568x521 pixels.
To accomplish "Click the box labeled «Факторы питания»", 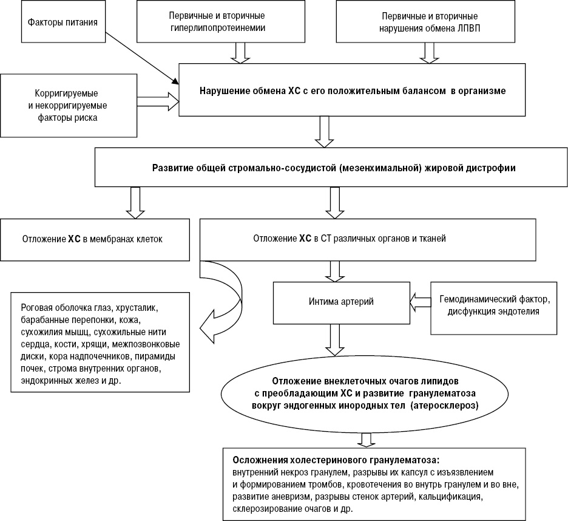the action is coord(63,22).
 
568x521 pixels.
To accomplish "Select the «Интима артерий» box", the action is coord(342,303).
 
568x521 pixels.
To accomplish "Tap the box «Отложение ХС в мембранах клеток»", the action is coord(95,240).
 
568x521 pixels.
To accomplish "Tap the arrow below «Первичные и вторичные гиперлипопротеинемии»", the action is coord(240,53).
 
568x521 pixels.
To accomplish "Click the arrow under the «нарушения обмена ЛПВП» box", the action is coord(429,53).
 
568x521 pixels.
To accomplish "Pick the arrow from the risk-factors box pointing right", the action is coord(158,101).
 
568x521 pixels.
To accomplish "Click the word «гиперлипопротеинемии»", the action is coord(218,28).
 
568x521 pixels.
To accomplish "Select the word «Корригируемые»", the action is coord(66,94).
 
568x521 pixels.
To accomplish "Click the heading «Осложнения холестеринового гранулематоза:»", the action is coord(336,460).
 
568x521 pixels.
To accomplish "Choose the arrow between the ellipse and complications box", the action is coord(367,440).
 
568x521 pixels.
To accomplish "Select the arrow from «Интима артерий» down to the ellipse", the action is coord(335,339).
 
